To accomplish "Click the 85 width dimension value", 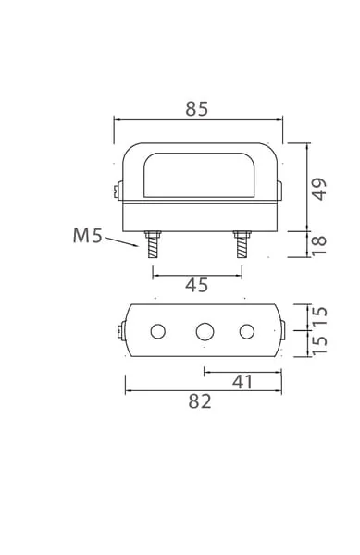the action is (x=197, y=109).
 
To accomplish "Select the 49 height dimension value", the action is (x=319, y=189).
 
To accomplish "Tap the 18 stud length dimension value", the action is (x=319, y=244).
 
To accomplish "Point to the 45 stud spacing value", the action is (x=197, y=285).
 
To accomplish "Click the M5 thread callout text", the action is (x=87, y=235).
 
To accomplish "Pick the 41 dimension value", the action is (x=242, y=382).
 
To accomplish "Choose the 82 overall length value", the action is (x=200, y=401).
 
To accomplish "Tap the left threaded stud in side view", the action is (x=153, y=244).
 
